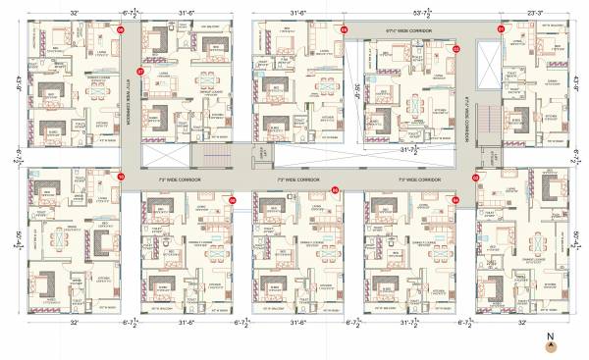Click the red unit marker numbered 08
click(121, 30)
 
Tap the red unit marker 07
click(140, 72)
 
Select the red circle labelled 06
click(345, 30)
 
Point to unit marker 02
click(455, 47)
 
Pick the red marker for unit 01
click(501, 29)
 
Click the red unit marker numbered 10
click(121, 177)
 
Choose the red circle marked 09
click(234, 199)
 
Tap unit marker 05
click(335, 189)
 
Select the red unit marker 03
click(475, 178)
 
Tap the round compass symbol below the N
click(551, 346)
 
